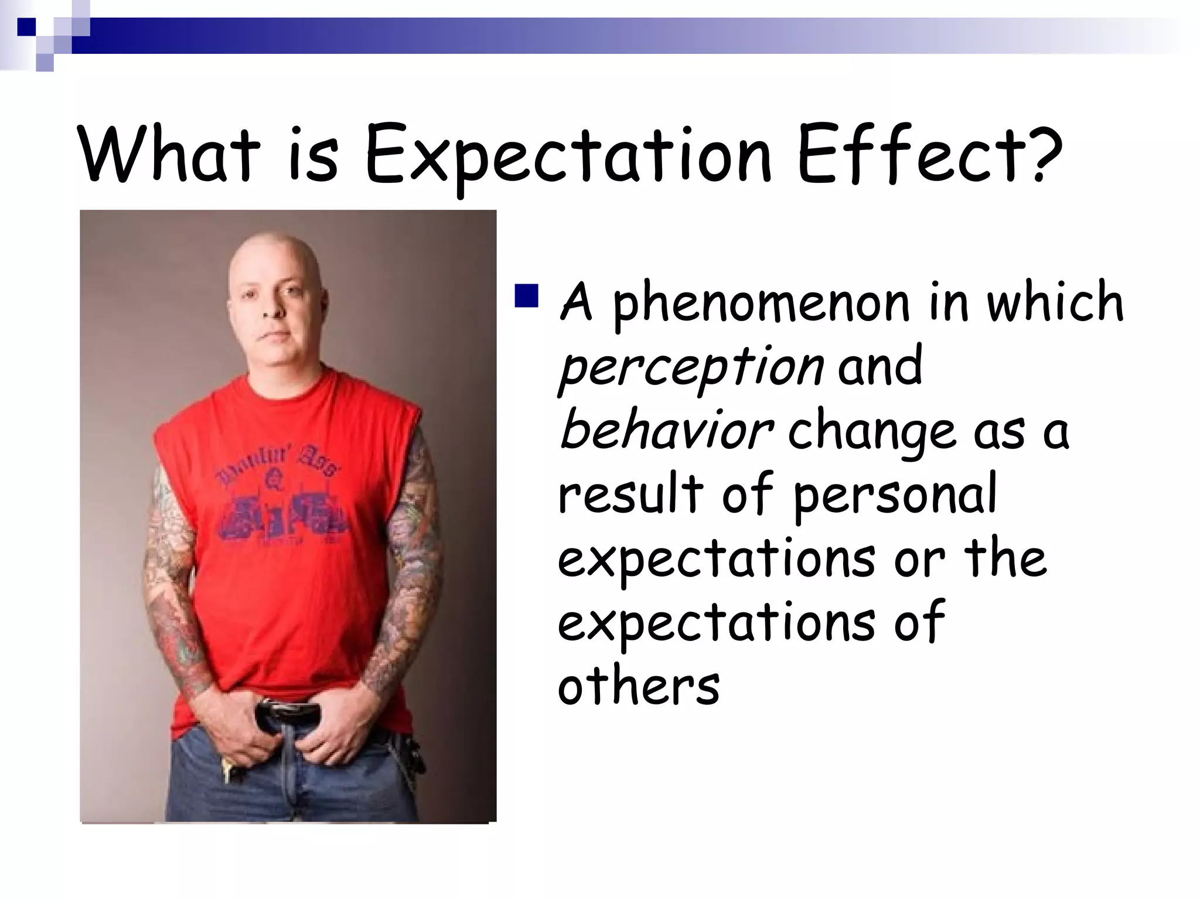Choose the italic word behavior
[x=666, y=431]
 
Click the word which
[x=1055, y=302]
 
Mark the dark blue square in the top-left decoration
[x=26, y=27]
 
